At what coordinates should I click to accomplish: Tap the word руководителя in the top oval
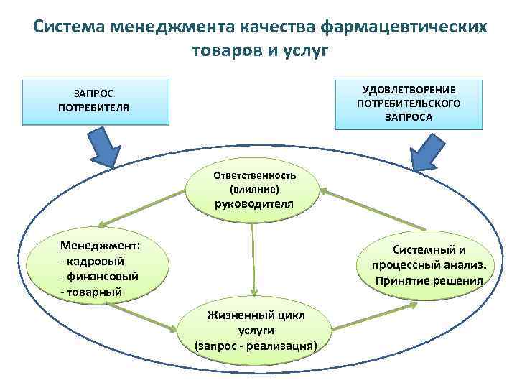pos(254,203)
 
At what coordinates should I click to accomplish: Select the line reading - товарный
pos(92,292)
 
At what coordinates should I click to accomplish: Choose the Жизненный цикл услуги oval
pos(256,329)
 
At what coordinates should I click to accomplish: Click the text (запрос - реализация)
pos(256,346)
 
